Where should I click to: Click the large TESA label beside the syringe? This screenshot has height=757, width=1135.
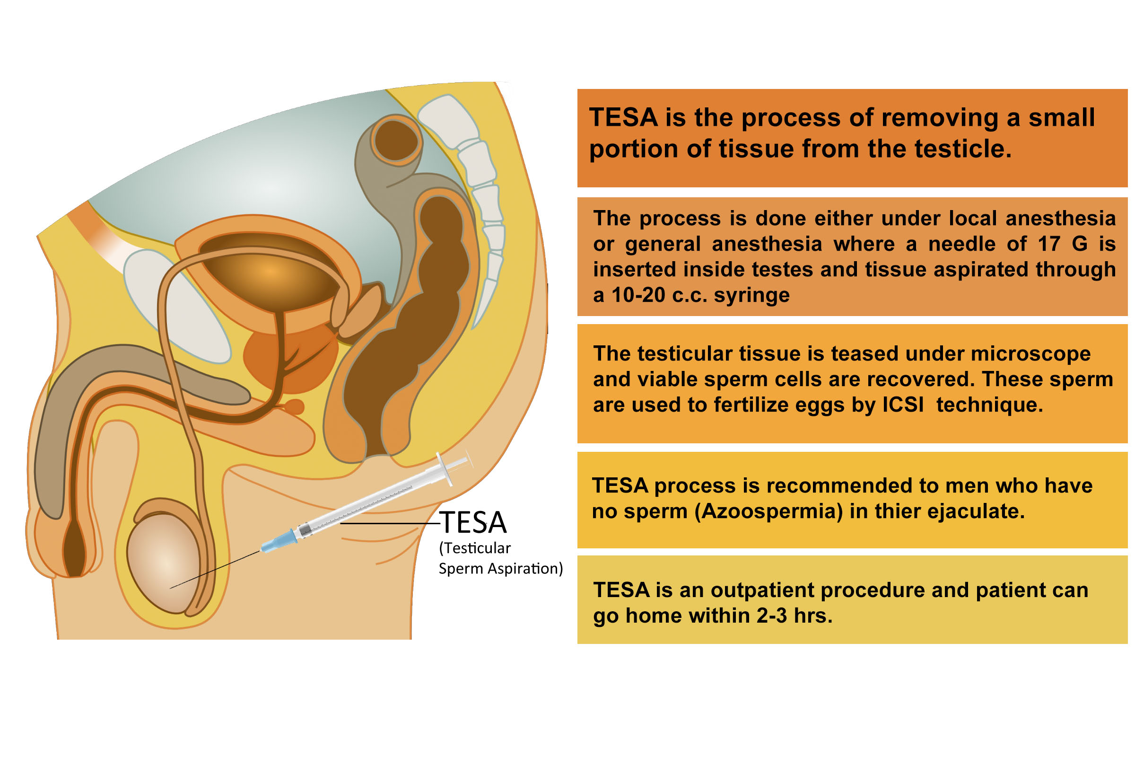tap(473, 522)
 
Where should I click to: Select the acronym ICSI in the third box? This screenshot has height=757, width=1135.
tap(903, 405)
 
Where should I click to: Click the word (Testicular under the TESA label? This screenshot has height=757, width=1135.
tap(475, 548)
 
